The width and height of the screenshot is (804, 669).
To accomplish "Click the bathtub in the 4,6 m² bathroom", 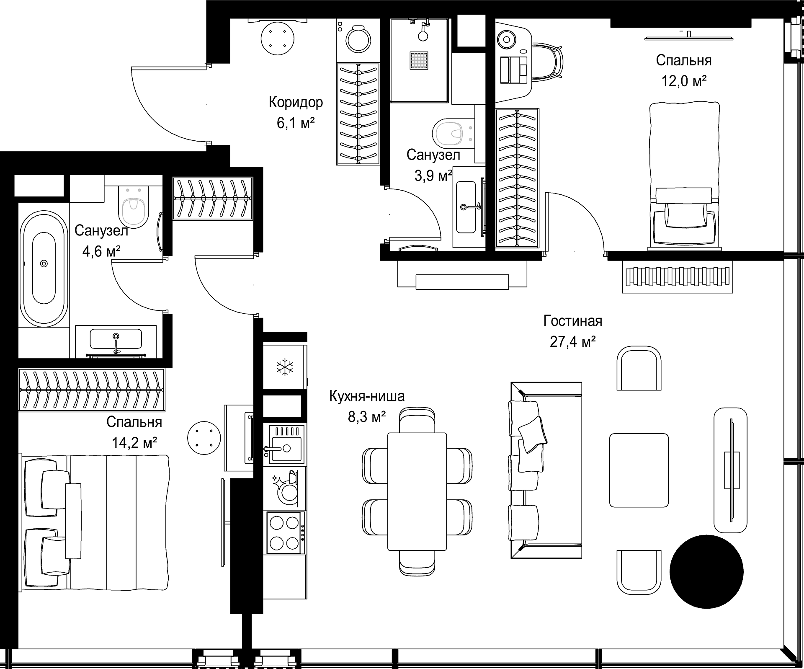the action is tap(44, 269).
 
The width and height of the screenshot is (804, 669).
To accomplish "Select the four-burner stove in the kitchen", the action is tap(285, 532).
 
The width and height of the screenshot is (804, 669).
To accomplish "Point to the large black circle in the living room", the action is tap(706, 572).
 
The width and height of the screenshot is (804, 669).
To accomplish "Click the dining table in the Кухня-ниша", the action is tap(417, 491).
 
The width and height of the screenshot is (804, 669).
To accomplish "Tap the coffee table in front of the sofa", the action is tap(639, 470).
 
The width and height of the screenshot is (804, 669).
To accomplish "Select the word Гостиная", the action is tap(573, 321).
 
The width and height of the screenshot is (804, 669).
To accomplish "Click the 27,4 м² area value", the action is tap(573, 342).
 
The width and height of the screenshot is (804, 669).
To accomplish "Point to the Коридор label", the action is tap(296, 103).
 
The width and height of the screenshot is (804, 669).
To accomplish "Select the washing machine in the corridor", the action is tap(358, 40).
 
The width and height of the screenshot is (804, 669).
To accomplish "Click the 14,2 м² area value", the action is tap(134, 442).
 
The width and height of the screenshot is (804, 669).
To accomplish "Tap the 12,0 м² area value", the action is tap(684, 81).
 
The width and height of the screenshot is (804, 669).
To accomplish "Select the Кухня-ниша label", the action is tap(367, 396).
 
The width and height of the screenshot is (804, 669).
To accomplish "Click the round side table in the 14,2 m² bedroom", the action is tap(204, 438).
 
